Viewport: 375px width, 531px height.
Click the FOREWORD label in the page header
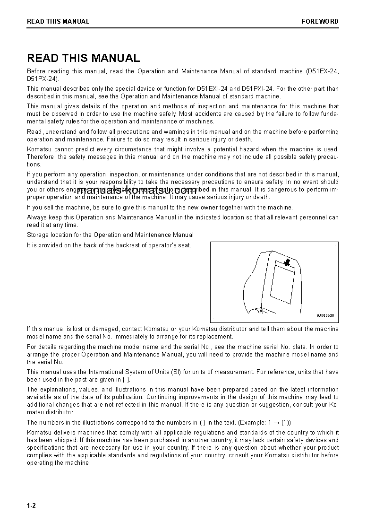[x=320, y=21]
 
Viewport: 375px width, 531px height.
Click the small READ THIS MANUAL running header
[x=58, y=21]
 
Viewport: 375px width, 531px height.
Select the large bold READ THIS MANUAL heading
[x=84, y=58]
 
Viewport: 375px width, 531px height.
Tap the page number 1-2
[x=31, y=505]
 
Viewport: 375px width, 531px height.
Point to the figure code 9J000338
[x=325, y=315]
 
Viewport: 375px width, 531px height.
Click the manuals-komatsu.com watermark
[x=136, y=191]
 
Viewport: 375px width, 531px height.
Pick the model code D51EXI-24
[x=212, y=88]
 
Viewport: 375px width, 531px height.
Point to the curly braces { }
[x=125, y=380]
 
